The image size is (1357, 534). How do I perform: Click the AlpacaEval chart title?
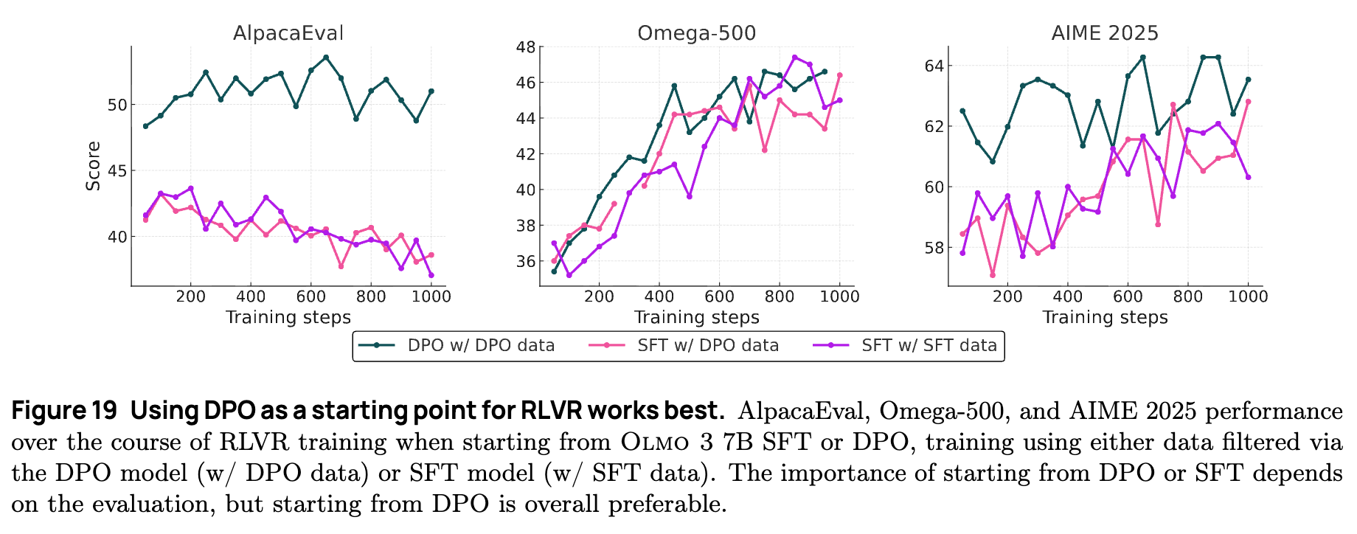[x=288, y=33]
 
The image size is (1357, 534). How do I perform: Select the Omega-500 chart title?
[x=696, y=33]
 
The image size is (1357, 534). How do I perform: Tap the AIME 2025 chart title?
[x=1104, y=33]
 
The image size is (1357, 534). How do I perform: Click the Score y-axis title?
[x=94, y=166]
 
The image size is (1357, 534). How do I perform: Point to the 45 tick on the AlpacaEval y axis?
[x=118, y=171]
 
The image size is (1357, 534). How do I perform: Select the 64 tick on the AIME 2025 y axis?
[x=933, y=66]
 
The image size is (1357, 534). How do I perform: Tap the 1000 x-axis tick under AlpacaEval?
[x=431, y=297]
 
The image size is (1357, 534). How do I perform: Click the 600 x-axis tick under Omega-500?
[x=720, y=297]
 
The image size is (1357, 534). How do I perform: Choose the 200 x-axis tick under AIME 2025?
[x=1007, y=297]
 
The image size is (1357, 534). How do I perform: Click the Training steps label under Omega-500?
[x=696, y=317]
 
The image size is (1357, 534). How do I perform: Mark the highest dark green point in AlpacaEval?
[x=325, y=57]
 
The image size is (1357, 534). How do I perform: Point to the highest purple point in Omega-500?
[x=794, y=57]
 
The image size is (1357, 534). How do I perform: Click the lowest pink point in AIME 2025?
[x=992, y=275]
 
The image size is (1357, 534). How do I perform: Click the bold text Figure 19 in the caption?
[x=64, y=410]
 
